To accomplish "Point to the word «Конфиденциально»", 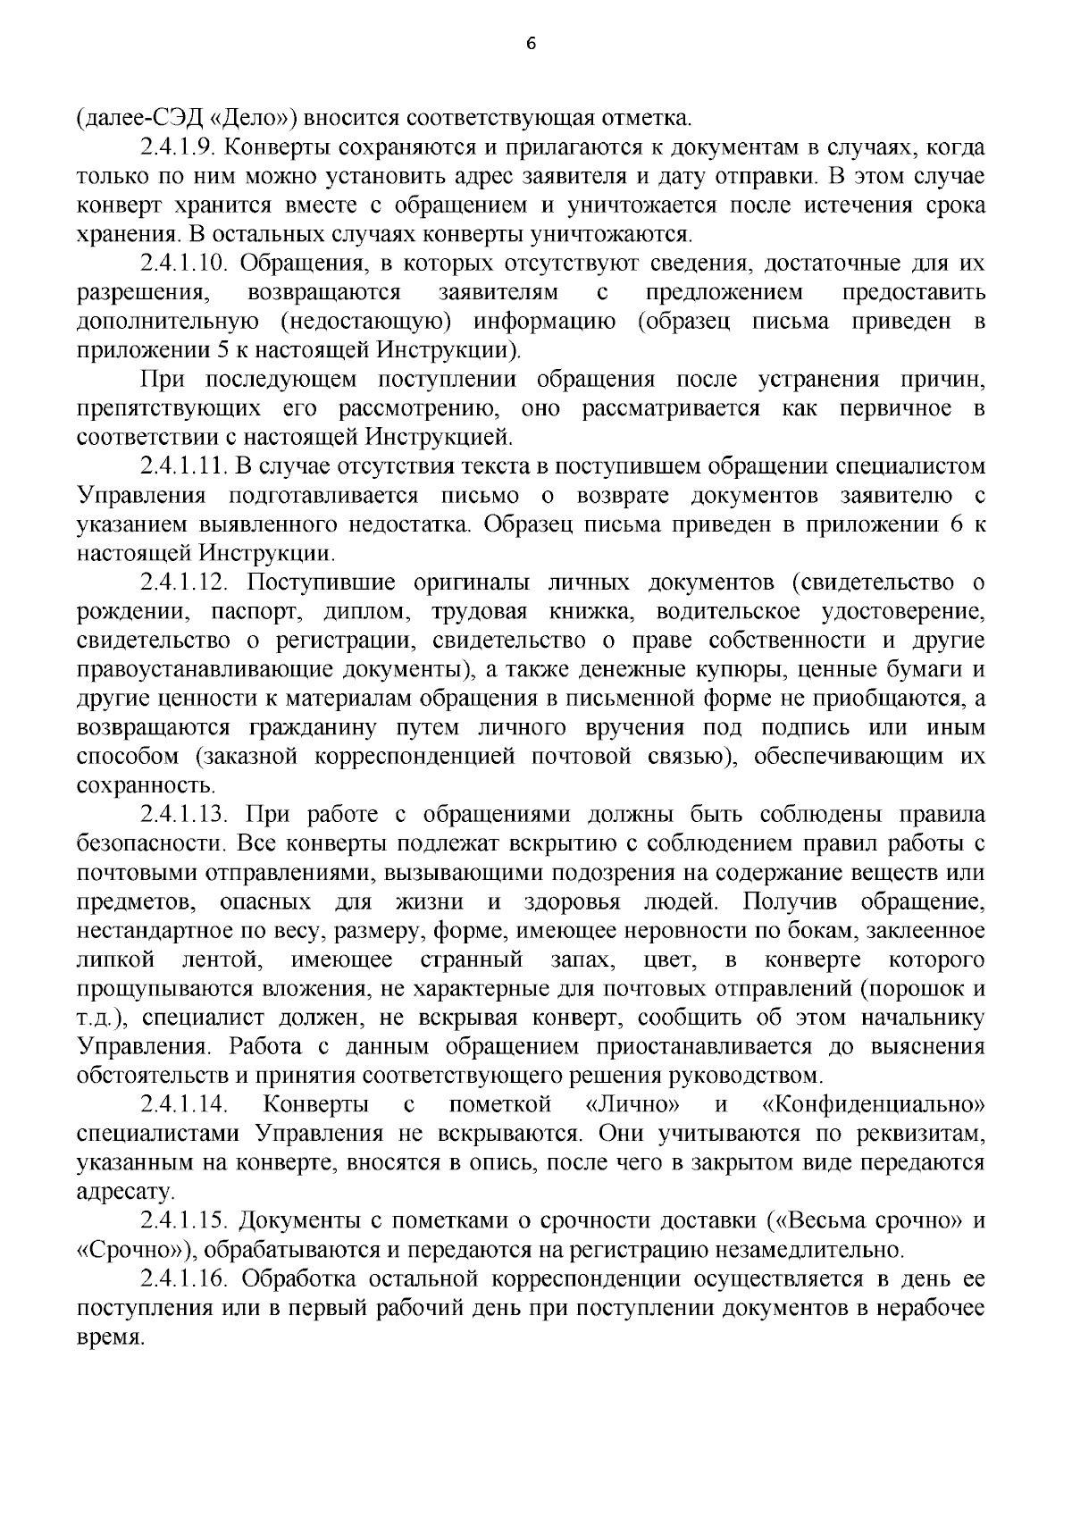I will coord(875,1105).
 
